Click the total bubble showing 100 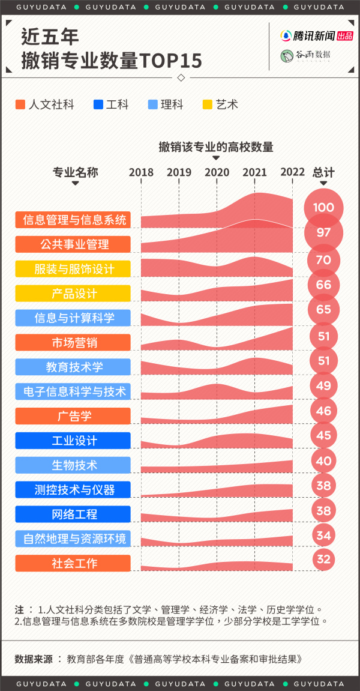coord(323,208)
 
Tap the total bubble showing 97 coord(323,232)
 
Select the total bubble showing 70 coord(323,260)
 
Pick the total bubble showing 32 coord(323,560)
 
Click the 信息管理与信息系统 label coord(73,220)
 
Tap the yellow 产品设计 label coord(73,294)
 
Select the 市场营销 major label coord(73,343)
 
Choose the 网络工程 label coord(73,514)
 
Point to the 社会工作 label coord(73,563)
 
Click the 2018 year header coord(141,172)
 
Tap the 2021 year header coord(254,172)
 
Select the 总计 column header coord(323,172)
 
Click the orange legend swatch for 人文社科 coord(20,104)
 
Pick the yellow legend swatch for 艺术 coord(208,104)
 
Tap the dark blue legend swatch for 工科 coord(98,104)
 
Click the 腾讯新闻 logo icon coord(287,36)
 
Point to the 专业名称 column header coord(75,172)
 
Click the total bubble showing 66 coord(323,285)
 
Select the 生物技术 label coord(73,465)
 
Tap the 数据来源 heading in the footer coord(35,659)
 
